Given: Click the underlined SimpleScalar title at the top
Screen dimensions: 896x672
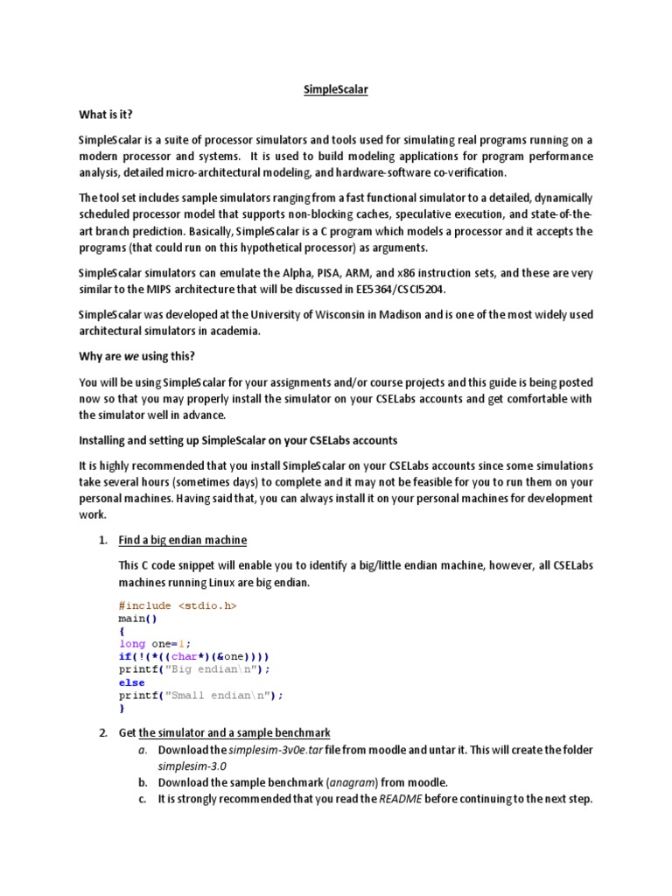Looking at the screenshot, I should pos(335,90).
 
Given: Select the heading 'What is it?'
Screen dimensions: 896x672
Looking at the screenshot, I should pos(106,115).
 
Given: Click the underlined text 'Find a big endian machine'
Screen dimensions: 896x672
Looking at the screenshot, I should pos(183,540).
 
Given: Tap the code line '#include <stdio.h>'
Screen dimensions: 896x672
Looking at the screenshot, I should pos(178,605).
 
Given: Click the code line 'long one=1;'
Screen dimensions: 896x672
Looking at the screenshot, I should pos(154,644).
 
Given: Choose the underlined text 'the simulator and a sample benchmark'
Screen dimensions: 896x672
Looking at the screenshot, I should pos(234,732).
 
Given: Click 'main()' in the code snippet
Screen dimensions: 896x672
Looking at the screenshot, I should pos(138,618).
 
